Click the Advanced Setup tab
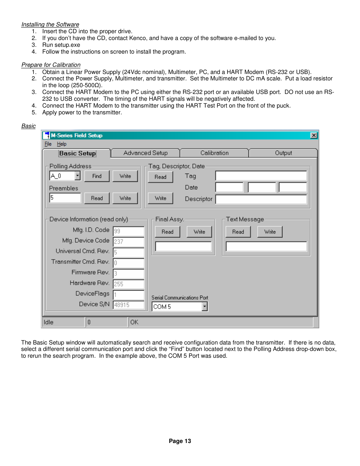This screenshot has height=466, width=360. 145,153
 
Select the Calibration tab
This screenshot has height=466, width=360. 214,153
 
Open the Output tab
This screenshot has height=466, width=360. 283,153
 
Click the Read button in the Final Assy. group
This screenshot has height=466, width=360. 168,232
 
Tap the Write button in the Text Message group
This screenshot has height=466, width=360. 270,232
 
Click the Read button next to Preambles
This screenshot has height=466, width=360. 97,198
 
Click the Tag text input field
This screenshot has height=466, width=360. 261,176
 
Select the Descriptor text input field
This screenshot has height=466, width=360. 261,199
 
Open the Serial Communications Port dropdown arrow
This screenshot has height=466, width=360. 205,307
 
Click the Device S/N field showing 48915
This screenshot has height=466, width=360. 128,305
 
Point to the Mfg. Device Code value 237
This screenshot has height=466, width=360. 128,241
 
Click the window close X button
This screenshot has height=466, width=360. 314,135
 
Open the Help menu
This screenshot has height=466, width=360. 62,144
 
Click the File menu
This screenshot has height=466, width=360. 48,144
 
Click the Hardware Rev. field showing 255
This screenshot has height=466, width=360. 128,284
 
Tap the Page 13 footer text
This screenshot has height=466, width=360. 180,441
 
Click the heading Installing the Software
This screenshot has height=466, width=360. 50,25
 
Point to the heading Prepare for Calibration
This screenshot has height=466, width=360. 51,65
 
